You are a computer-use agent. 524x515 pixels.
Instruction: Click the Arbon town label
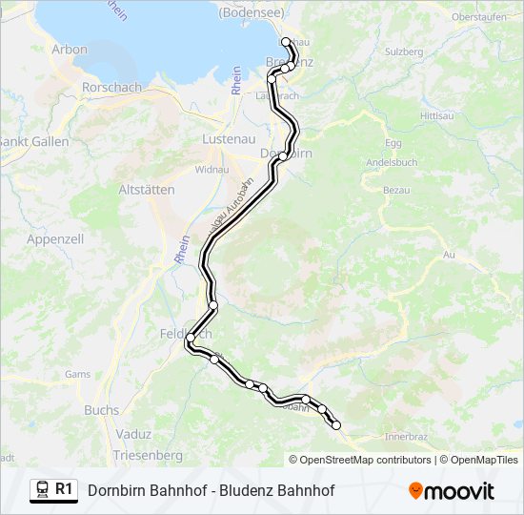point(70,50)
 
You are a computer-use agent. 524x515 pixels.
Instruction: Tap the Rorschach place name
point(112,87)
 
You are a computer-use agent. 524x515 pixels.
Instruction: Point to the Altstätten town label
point(145,190)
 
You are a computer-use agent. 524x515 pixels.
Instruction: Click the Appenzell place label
point(56,238)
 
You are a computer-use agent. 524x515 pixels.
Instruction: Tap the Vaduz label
point(132,434)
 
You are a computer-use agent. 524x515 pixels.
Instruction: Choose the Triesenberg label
point(148,456)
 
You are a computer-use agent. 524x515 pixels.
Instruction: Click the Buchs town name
point(102,410)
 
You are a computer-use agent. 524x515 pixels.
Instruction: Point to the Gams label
point(77,375)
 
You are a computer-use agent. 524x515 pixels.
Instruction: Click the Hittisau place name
point(437,114)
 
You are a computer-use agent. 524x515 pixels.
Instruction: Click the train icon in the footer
point(42,490)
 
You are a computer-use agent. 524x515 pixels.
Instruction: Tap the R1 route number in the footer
point(64,489)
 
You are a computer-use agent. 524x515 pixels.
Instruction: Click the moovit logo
point(452,491)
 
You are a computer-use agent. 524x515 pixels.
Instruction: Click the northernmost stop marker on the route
point(286,41)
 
